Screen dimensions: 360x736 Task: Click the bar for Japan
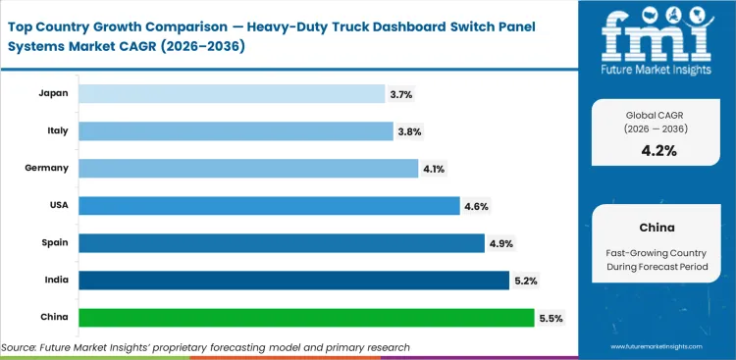(x=231, y=93)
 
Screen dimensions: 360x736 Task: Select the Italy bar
(x=236, y=130)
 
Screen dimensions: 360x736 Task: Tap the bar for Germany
(x=247, y=168)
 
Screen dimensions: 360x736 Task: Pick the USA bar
(x=268, y=205)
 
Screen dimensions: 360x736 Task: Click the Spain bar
(x=280, y=242)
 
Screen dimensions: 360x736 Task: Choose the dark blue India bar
(x=292, y=281)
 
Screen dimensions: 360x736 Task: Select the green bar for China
(x=306, y=318)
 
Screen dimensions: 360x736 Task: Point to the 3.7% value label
(x=401, y=93)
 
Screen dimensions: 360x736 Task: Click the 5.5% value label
(x=552, y=318)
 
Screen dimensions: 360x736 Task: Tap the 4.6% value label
(x=476, y=206)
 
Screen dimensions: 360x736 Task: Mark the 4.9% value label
(x=500, y=243)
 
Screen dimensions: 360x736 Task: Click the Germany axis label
(x=46, y=168)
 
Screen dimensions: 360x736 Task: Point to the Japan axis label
(x=52, y=93)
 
